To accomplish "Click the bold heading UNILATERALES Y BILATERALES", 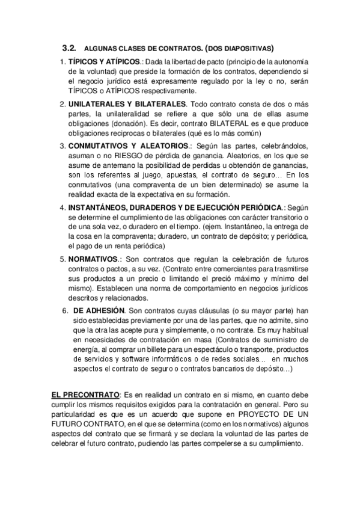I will pyautogui.click(x=127, y=103).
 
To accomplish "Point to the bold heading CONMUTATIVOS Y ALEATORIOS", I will pyautogui.click(x=129, y=146).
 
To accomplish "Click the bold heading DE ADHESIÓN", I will pyautogui.click(x=99, y=310).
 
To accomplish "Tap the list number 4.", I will pyautogui.click(x=63, y=207).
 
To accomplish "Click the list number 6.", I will pyautogui.click(x=66, y=310).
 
